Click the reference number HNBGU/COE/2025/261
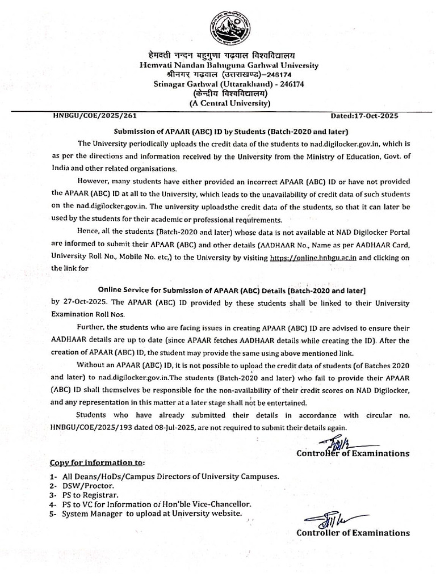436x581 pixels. [91, 115]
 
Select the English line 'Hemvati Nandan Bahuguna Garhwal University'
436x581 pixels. [229, 65]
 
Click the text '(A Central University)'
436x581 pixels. [229, 103]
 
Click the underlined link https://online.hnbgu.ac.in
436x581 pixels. [313, 257]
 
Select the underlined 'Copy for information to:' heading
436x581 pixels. [97, 462]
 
